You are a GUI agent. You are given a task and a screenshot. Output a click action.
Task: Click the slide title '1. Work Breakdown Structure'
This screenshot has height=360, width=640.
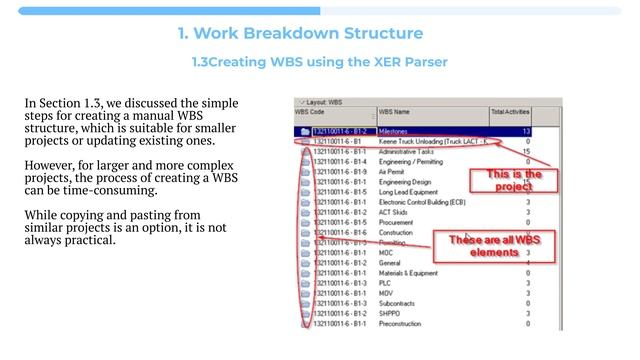click(299, 33)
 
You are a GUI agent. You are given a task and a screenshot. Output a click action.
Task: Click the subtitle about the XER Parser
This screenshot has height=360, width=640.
click(319, 62)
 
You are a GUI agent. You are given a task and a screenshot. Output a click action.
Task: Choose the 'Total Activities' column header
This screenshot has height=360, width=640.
click(510, 113)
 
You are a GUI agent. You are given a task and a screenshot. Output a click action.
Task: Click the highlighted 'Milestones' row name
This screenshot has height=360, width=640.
click(399, 131)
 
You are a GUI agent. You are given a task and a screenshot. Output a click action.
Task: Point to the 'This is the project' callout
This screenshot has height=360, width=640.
click(515, 180)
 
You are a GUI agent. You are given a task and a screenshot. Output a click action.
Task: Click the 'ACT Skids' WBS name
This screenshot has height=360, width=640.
click(396, 212)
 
